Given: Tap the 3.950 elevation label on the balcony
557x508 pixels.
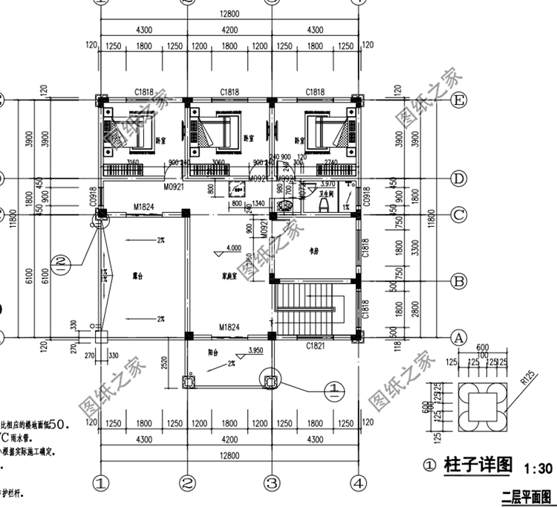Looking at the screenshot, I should [x=255, y=350].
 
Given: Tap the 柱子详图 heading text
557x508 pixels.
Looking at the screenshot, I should [x=478, y=466].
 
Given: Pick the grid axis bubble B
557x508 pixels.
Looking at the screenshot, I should [x=458, y=281].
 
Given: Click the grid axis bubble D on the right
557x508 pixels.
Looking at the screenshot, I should [x=458, y=179].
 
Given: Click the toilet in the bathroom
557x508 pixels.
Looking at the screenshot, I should [x=303, y=200].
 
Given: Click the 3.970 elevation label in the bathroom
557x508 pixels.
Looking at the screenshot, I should [x=329, y=184].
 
